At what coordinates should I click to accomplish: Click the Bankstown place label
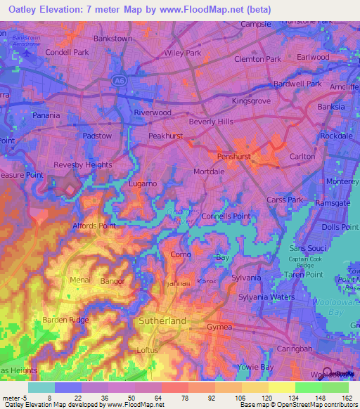point(112,38)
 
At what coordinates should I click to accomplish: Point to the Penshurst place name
point(234,155)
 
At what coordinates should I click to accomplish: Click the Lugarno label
point(143,183)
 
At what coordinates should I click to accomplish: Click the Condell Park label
point(67,52)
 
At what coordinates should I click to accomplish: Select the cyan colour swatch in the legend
point(41,387)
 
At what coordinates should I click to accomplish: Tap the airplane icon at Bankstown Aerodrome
point(27,51)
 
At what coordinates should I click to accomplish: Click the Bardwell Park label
point(297,84)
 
